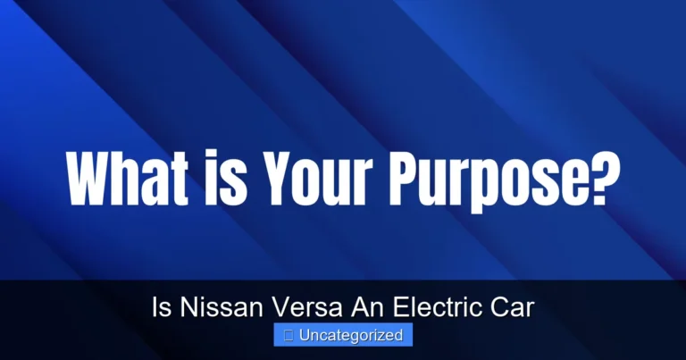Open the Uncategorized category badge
(343, 336)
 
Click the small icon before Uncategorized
(289, 336)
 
